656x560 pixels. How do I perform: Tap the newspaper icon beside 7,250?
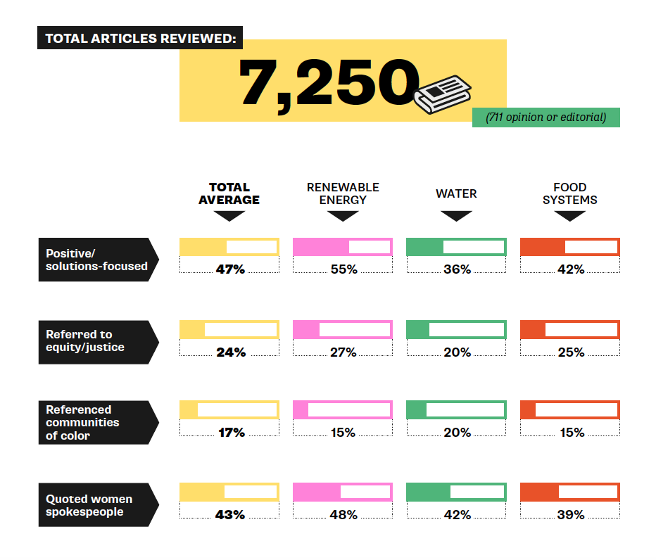click(x=443, y=92)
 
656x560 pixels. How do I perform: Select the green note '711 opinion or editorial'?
click(x=545, y=117)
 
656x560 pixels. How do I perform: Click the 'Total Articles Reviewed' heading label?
click(x=140, y=38)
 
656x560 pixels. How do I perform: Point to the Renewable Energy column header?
click(x=343, y=193)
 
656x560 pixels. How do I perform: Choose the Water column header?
click(x=456, y=193)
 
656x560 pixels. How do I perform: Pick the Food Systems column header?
click(x=570, y=193)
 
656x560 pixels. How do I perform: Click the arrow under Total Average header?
click(x=229, y=216)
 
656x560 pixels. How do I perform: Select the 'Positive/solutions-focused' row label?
click(x=96, y=260)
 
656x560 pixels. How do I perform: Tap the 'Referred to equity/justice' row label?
click(x=96, y=341)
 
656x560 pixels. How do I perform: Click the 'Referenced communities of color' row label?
click(x=96, y=422)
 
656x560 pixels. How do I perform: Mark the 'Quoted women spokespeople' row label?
click(x=96, y=505)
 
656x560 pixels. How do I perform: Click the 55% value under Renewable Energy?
click(x=343, y=269)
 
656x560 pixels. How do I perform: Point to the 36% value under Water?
click(x=457, y=269)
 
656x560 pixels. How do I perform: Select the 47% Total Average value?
click(x=230, y=269)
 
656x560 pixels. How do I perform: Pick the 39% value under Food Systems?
click(x=571, y=515)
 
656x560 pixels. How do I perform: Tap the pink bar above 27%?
click(x=343, y=330)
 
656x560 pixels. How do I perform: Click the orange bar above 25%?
click(x=570, y=330)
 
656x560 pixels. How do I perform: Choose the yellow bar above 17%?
click(x=229, y=410)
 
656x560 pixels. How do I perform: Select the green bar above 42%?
click(x=456, y=492)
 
